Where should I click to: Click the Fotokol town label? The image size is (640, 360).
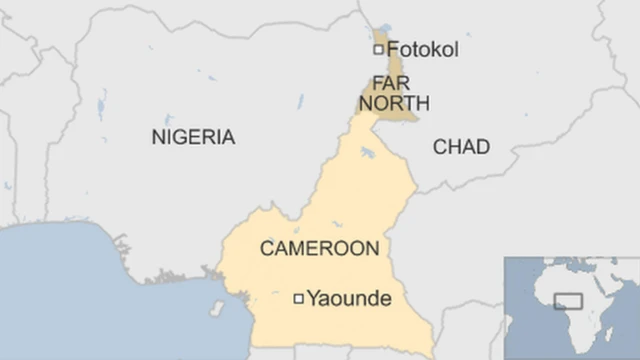pyautogui.click(x=422, y=49)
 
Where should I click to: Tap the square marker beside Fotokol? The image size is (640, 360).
pyautogui.click(x=378, y=49)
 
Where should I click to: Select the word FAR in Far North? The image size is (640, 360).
pyautogui.click(x=390, y=83)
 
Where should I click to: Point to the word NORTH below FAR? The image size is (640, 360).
pyautogui.click(x=395, y=103)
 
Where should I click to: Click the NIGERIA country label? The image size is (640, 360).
pyautogui.click(x=193, y=138)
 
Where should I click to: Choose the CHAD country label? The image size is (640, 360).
pyautogui.click(x=461, y=147)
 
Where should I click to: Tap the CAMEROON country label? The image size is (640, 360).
pyautogui.click(x=319, y=249)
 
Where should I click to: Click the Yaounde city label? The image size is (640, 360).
pyautogui.click(x=348, y=298)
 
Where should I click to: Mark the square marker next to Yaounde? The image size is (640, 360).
pyautogui.click(x=297, y=298)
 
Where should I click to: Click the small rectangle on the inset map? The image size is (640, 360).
pyautogui.click(x=569, y=300)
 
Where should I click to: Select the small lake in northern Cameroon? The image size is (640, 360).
pyautogui.click(x=368, y=153)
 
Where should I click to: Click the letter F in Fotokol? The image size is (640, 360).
pyautogui.click(x=393, y=49)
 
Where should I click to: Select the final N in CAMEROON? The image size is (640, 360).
pyautogui.click(x=371, y=249)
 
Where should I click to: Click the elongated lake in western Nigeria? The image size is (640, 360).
pyautogui.click(x=102, y=104)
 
